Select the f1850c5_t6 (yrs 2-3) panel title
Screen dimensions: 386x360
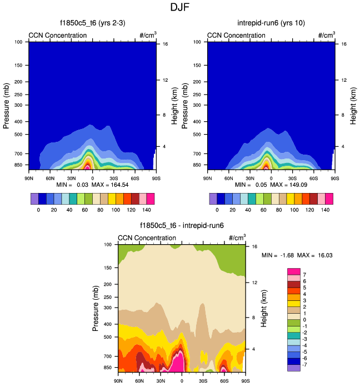tap(92, 23)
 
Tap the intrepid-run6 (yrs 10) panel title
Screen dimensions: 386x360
tap(271, 23)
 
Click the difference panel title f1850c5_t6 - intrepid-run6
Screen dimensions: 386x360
tap(181, 226)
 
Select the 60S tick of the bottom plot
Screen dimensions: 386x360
tap(224, 381)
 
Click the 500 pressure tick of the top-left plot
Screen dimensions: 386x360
tap(18, 134)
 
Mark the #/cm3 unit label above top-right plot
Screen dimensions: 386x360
tap(326, 35)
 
